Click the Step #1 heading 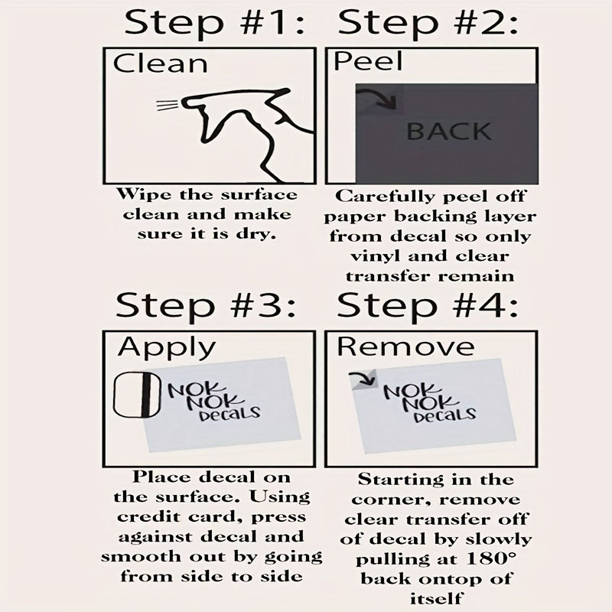[x=214, y=24]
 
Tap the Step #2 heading [x=428, y=24]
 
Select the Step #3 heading [x=205, y=306]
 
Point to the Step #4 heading [x=428, y=306]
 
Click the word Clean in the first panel [x=160, y=63]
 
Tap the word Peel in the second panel [x=368, y=61]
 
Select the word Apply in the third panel [x=167, y=347]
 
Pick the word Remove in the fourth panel [x=405, y=346]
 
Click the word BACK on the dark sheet [x=449, y=131]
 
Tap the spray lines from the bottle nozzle [x=168, y=105]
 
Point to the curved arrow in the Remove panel [x=362, y=379]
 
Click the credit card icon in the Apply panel [x=137, y=395]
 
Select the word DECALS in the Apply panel [x=229, y=415]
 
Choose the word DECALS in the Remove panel [x=445, y=415]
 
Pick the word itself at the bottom [x=436, y=598]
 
